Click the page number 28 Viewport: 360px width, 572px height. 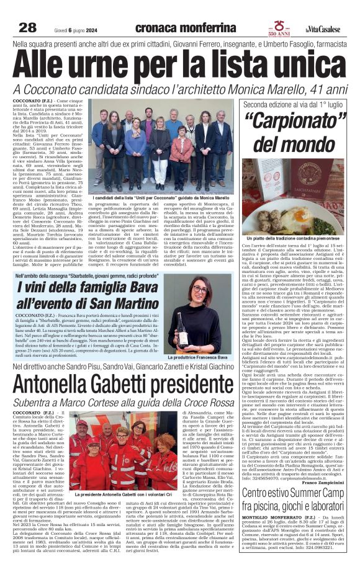point(27,27)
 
